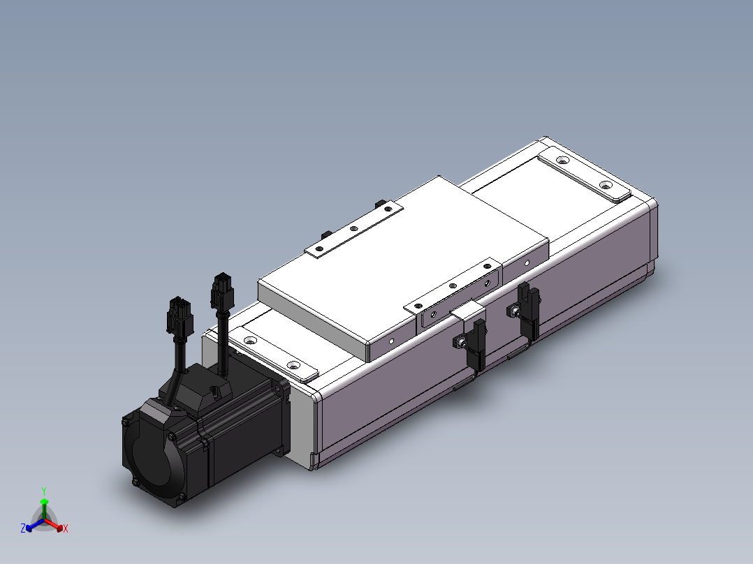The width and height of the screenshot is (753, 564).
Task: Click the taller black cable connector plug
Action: (222, 290)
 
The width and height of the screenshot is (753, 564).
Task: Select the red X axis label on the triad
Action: (66, 528)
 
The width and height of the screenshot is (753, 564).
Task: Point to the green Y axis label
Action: (43, 491)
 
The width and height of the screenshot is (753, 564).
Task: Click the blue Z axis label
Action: (23, 528)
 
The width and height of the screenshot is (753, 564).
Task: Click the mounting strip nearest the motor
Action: (271, 352)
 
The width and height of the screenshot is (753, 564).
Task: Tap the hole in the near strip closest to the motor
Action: (249, 341)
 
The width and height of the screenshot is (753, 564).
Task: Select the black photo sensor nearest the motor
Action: (478, 344)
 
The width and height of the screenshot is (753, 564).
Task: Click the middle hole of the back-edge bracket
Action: (354, 228)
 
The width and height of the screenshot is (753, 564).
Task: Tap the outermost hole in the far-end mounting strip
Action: (606, 186)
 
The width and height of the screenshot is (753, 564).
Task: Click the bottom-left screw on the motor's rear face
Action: (133, 482)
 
